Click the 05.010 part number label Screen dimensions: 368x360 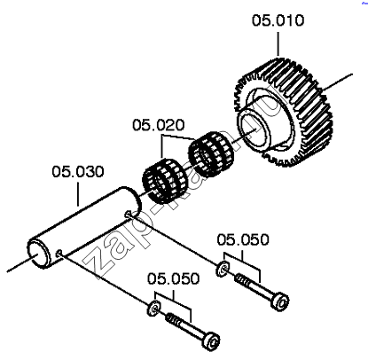278,20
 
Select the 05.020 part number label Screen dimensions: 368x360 159,125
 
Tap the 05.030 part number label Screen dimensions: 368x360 78,171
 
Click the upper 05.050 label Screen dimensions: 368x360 243,239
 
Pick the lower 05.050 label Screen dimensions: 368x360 174,278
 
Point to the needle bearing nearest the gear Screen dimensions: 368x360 211,154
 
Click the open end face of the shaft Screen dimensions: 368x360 37,254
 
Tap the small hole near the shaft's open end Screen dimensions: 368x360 59,253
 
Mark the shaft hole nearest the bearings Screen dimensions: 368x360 128,213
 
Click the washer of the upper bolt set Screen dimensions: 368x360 223,269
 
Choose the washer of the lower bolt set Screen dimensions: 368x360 153,308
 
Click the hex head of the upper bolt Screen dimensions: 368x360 280,301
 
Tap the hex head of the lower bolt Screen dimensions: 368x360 211,341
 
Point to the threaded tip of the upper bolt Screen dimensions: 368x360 242,279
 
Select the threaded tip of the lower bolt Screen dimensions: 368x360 173,319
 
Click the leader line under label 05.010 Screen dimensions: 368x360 278,43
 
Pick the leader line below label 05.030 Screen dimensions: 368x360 78,194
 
